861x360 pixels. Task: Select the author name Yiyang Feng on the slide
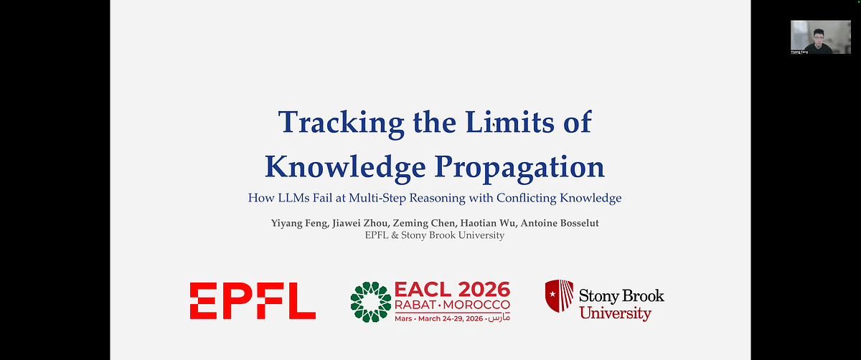(x=296, y=223)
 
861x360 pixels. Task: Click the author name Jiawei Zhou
(x=362, y=223)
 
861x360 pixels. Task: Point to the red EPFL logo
(x=253, y=300)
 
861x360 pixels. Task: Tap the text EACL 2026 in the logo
(x=452, y=290)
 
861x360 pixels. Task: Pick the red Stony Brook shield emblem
(x=558, y=296)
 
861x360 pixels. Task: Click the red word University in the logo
(x=615, y=313)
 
